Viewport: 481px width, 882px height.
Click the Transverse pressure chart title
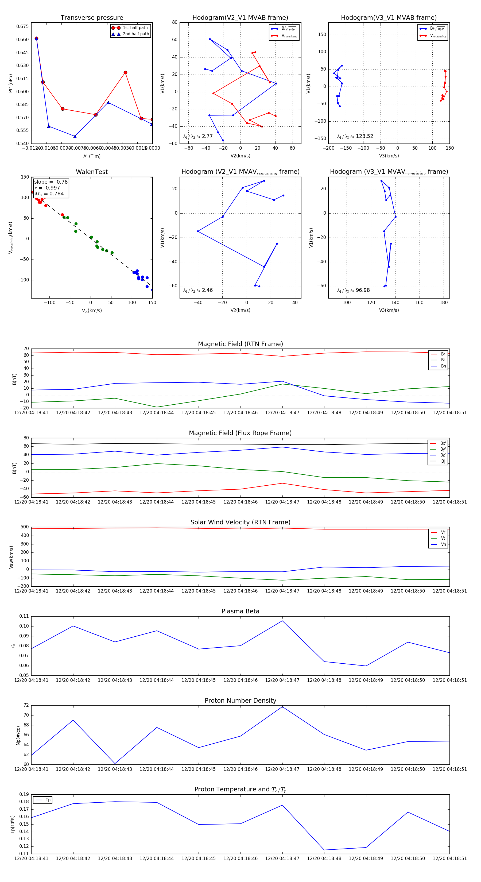(92, 18)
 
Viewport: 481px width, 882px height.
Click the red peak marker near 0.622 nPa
(125, 73)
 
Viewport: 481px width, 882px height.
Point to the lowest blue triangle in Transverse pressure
(75, 137)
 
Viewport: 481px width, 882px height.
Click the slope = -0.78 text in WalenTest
(51, 182)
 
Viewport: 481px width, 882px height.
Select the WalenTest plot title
(92, 172)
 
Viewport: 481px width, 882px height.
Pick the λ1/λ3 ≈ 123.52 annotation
(355, 136)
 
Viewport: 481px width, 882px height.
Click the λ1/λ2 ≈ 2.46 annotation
(198, 290)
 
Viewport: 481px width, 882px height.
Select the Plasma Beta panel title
(240, 611)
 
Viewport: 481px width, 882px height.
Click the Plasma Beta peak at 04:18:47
(282, 621)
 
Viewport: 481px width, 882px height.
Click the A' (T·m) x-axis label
(92, 156)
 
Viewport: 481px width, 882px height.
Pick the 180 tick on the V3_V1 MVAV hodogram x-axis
(443, 302)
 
